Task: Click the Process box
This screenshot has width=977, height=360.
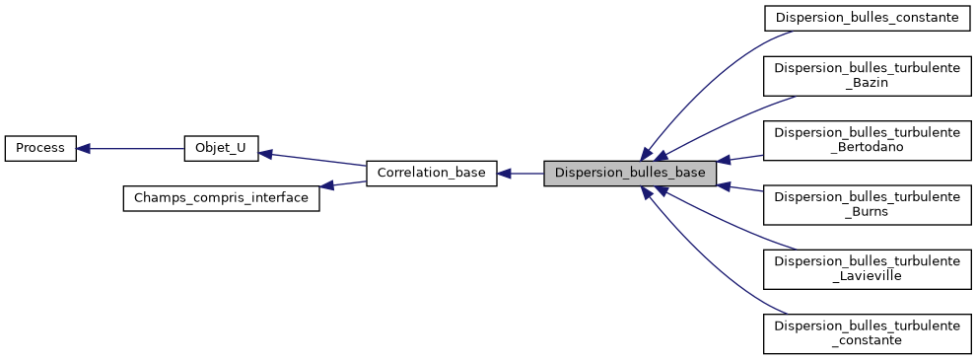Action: [x=40, y=149]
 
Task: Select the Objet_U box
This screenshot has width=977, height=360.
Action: [x=221, y=149]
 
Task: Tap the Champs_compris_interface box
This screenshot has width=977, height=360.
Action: [x=221, y=198]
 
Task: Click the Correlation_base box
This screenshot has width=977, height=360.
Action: [x=431, y=174]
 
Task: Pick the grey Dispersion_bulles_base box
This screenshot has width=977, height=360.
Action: [x=630, y=174]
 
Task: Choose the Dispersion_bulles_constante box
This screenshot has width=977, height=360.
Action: [x=868, y=19]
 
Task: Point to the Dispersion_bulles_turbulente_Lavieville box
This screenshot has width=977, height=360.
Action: [x=868, y=268]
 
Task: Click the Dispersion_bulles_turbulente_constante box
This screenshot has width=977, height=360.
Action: [x=868, y=332]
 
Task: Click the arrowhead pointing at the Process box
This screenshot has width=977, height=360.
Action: [x=84, y=149]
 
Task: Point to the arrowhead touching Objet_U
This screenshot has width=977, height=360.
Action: [x=265, y=154]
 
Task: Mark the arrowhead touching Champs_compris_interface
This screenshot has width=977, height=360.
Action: [x=326, y=185]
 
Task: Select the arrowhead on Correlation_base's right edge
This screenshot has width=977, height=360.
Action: [x=503, y=174]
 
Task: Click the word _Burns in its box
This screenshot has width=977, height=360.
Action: [x=868, y=212]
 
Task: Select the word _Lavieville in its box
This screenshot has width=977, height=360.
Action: [x=868, y=276]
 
